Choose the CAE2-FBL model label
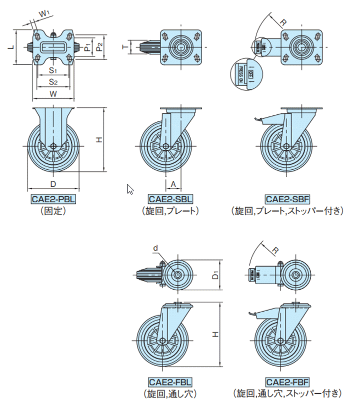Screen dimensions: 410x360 pos(170,383)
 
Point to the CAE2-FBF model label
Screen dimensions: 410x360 pos(287,383)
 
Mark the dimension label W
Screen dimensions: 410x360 pos(53,94)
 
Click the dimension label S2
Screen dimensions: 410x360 pos(53,81)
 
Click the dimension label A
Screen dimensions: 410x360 pos(173,184)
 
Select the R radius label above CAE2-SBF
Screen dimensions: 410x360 pos(282,22)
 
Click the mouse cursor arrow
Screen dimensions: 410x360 pos(130,189)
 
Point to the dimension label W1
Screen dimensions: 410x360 pos(44,12)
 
